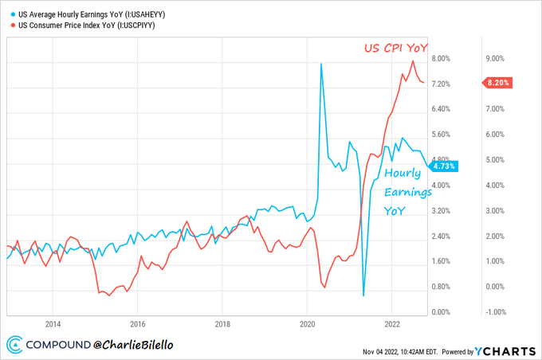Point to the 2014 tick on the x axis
tap(53, 324)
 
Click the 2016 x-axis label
tap(138, 324)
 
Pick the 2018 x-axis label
tap(222, 324)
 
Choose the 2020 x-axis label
tap(308, 324)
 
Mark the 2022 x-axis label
tap(392, 324)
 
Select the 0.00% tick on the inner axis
tap(441, 312)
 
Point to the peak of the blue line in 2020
tap(321, 64)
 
